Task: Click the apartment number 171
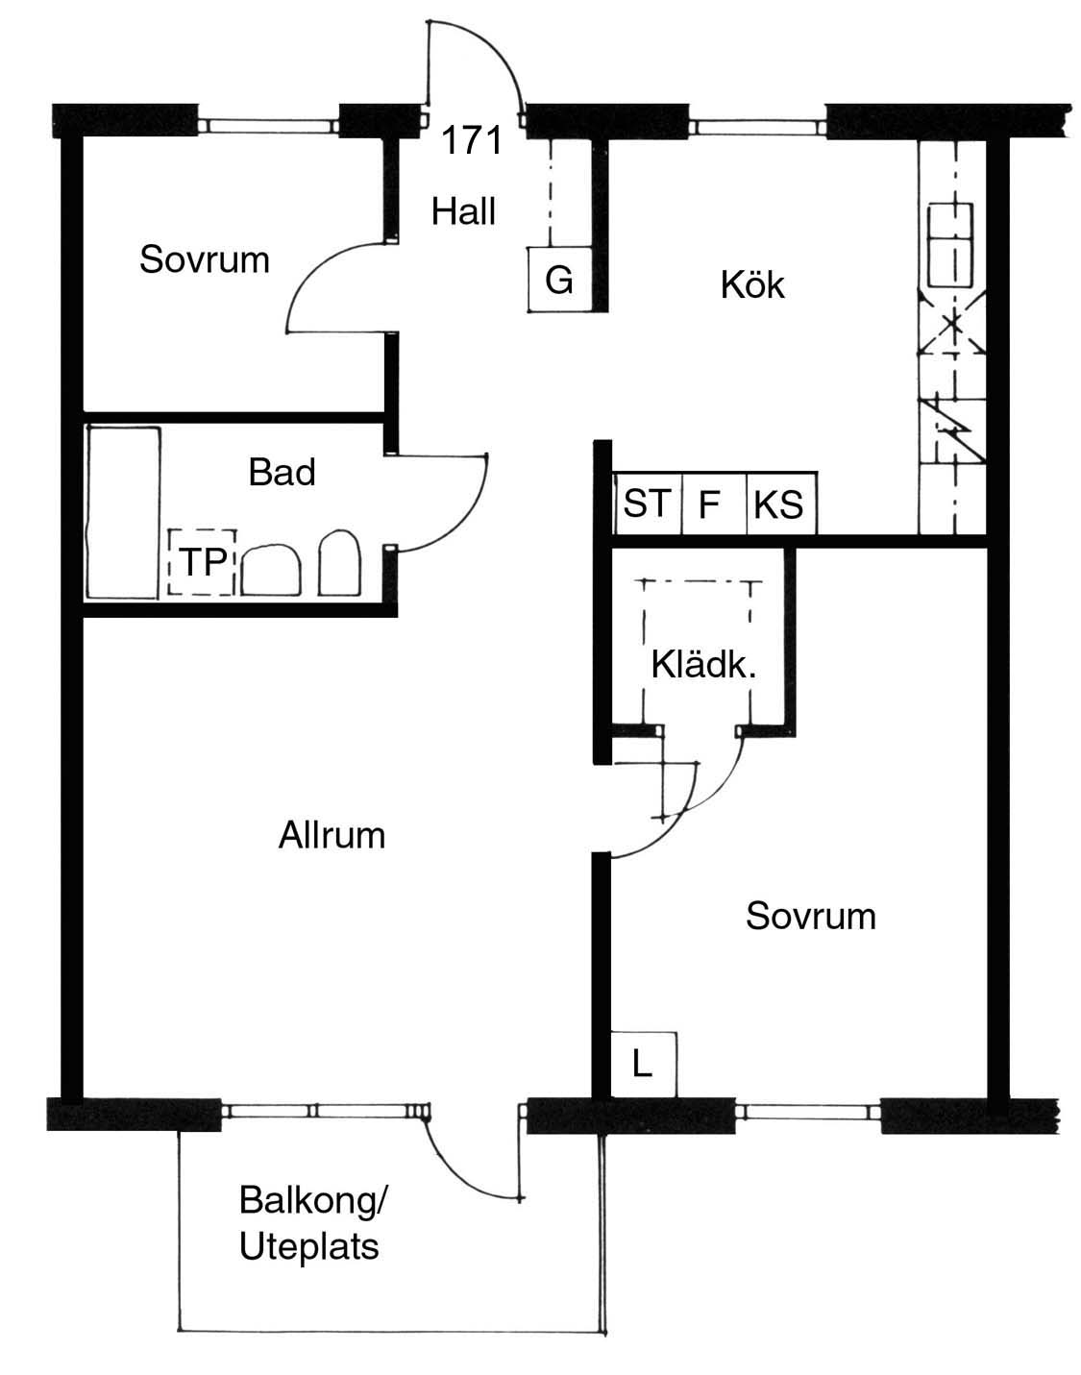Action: click(x=472, y=140)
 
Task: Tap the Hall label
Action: click(x=463, y=211)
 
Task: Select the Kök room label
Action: click(x=752, y=284)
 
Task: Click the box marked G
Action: click(x=559, y=280)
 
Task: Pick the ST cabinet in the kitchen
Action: click(x=648, y=503)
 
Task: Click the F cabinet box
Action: click(x=714, y=503)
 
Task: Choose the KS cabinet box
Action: click(x=782, y=503)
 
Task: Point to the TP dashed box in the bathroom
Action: click(x=203, y=562)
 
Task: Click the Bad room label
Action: click(x=282, y=472)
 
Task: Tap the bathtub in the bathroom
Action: click(x=123, y=513)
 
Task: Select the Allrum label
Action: click(x=332, y=835)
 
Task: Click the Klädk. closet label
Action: click(x=703, y=665)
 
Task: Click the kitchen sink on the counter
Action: click(x=950, y=245)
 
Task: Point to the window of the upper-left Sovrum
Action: click(x=268, y=126)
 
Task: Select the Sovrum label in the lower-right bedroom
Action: click(x=810, y=917)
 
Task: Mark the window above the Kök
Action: click(x=757, y=127)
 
